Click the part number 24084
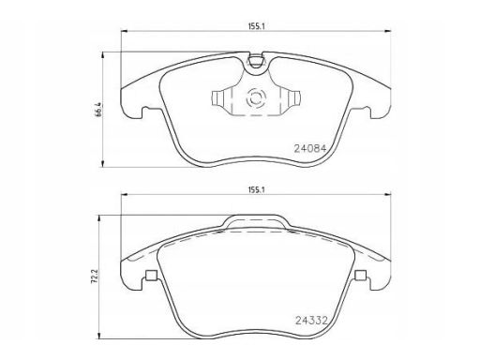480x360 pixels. click(x=310, y=148)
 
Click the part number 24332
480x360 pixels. click(x=311, y=321)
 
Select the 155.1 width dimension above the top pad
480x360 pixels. click(x=257, y=26)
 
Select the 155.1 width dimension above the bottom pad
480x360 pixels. click(x=257, y=189)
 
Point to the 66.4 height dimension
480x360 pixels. click(x=98, y=110)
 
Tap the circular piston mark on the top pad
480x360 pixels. click(x=256, y=98)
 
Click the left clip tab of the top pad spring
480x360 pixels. click(x=217, y=98)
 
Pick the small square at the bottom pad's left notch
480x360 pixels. click(x=152, y=276)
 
